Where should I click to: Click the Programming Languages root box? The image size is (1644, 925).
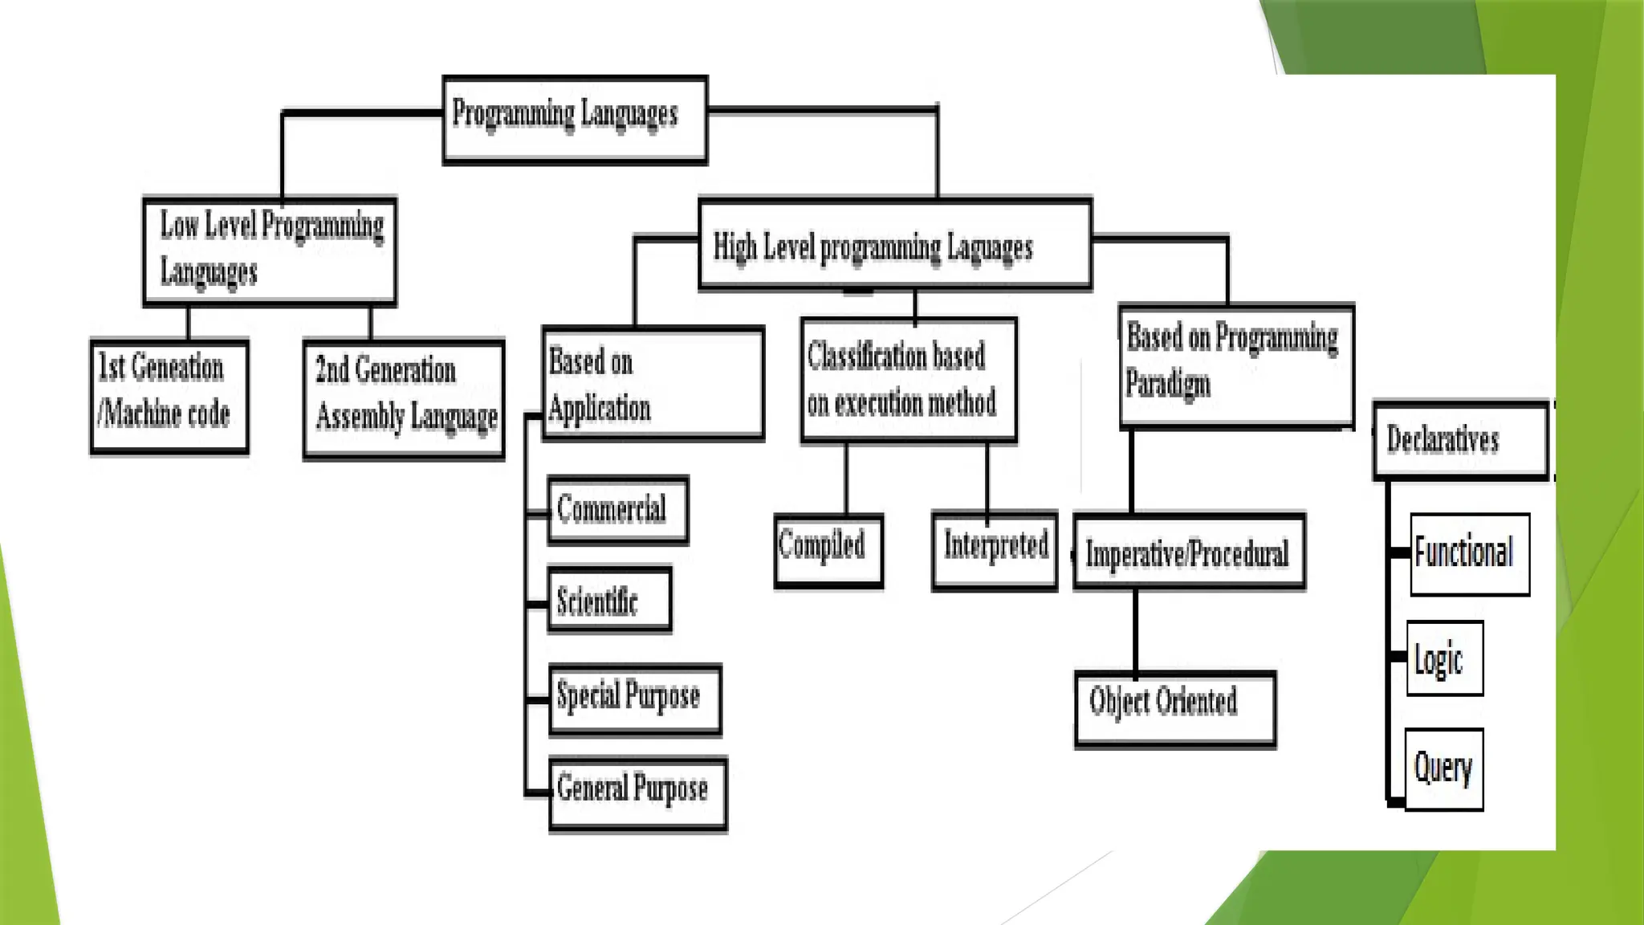(575, 120)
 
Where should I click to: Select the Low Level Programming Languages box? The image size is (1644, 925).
(270, 251)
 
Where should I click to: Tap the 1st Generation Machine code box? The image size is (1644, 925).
(169, 396)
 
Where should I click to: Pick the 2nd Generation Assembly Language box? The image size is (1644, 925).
(404, 399)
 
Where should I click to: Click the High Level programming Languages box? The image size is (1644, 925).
(895, 244)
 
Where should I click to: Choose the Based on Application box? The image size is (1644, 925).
(653, 383)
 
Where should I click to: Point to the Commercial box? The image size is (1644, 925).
(618, 510)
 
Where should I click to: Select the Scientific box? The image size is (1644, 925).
(609, 601)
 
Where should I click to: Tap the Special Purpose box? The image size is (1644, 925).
(635, 699)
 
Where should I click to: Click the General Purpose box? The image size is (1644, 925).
(638, 793)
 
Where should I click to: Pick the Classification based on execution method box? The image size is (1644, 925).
(909, 380)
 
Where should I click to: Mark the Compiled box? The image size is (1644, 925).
(828, 551)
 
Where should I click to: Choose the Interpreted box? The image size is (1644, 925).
(995, 550)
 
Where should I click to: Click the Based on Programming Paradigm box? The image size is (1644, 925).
(1236, 365)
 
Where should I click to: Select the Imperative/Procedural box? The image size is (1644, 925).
(1189, 552)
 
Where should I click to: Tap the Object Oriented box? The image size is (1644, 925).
(1175, 709)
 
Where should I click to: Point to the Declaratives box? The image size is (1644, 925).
(1460, 440)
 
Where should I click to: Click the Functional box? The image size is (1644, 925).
(1469, 554)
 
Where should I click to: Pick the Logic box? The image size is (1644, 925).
(1444, 658)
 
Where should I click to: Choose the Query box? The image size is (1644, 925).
(1444, 769)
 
